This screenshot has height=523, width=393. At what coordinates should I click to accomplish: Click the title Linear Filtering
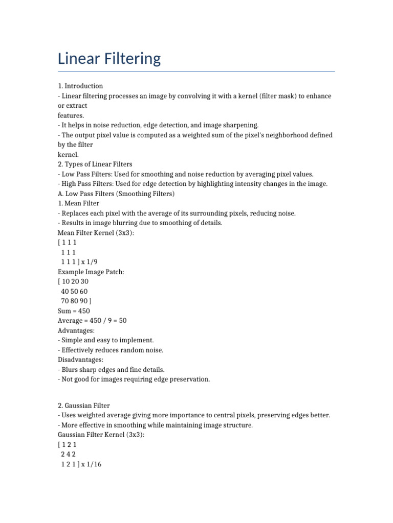pyautogui.click(x=109, y=59)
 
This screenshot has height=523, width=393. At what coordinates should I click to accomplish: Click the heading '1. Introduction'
pyautogui.click(x=80, y=86)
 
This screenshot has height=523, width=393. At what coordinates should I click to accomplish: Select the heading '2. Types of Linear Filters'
pyautogui.click(x=95, y=164)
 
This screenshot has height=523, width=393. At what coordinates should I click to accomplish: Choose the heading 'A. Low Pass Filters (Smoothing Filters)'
pyautogui.click(x=116, y=194)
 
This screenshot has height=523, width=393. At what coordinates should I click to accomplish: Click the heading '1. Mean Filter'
pyautogui.click(x=79, y=203)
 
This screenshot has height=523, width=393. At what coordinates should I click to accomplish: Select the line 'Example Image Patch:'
pyautogui.click(x=91, y=272)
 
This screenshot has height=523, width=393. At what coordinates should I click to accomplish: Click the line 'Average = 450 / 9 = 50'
pyautogui.click(x=92, y=321)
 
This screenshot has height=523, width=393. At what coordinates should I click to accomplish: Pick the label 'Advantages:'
pyautogui.click(x=76, y=330)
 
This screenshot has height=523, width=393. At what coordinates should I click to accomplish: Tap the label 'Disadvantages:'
pyautogui.click(x=80, y=360)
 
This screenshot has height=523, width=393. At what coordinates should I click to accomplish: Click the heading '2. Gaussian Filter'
pyautogui.click(x=84, y=406)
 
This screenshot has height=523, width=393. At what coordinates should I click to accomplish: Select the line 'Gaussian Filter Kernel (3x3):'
pyautogui.click(x=101, y=435)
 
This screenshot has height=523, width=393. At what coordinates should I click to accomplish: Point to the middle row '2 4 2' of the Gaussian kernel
pyautogui.click(x=69, y=454)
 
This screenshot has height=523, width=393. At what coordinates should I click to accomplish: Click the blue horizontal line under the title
pyautogui.click(x=196, y=72)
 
